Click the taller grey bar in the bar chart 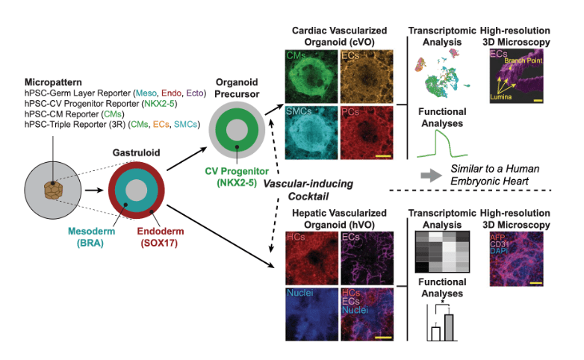pyautogui.click(x=448, y=326)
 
